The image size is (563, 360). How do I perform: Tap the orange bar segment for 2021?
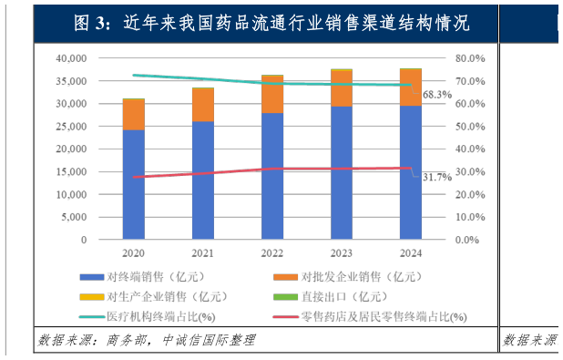click(203, 105)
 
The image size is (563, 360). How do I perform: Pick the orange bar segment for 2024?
click(410, 87)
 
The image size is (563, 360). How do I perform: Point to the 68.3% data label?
click(437, 94)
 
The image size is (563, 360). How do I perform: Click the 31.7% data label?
click(437, 177)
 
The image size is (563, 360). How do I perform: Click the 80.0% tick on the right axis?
click(471, 57)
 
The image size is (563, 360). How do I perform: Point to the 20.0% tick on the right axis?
click(471, 194)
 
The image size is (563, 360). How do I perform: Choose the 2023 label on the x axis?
click(342, 254)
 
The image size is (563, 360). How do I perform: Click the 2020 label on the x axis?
click(134, 254)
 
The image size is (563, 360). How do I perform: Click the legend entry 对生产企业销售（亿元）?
click(151, 296)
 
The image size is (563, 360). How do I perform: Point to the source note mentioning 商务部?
click(147, 340)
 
